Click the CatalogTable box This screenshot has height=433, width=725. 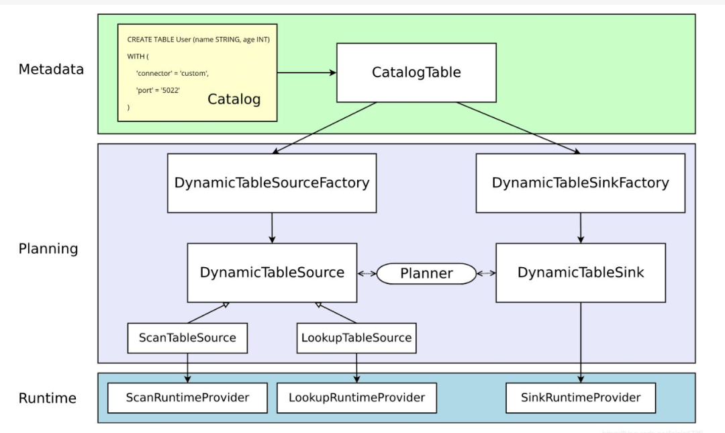416,73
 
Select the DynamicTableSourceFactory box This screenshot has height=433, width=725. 272,183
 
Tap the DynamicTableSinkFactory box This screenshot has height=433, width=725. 580,183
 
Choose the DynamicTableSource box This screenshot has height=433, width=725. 272,273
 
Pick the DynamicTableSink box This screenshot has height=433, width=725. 581,273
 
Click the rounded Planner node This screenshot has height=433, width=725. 426,273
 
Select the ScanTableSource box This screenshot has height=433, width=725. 187,338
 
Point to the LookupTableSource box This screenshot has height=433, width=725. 356,338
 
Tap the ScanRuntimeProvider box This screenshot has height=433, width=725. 187,397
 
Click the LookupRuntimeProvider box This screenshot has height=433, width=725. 356,397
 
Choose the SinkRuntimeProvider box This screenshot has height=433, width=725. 581,397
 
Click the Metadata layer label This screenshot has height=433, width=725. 51,69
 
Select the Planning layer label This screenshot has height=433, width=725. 48,249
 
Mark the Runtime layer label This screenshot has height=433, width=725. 47,398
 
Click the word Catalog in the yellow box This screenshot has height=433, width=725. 234,99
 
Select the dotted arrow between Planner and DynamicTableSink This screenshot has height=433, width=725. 486,273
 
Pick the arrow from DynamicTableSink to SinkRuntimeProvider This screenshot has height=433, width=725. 581,342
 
